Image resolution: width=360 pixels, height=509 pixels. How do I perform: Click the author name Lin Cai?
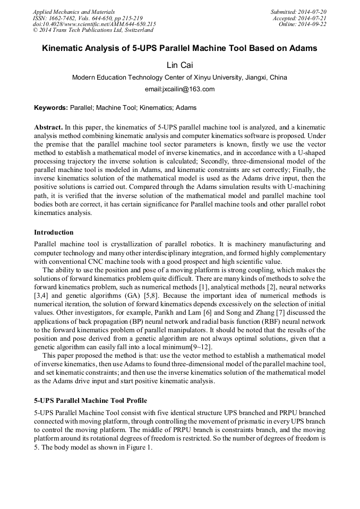click(x=179, y=65)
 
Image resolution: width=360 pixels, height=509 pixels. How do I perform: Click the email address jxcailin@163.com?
click(x=179, y=89)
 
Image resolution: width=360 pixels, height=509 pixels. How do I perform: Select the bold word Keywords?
click(x=51, y=108)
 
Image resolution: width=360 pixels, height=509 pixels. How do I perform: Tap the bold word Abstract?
click(x=48, y=128)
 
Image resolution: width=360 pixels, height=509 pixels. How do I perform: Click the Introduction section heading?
click(x=54, y=232)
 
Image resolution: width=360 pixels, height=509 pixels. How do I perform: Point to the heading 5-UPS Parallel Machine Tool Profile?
click(x=90, y=400)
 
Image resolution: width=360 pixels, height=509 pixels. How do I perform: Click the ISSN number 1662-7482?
click(x=63, y=18)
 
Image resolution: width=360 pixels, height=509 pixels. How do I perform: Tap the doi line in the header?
click(x=95, y=24)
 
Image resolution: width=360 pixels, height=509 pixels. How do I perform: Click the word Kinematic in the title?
click(x=63, y=48)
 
